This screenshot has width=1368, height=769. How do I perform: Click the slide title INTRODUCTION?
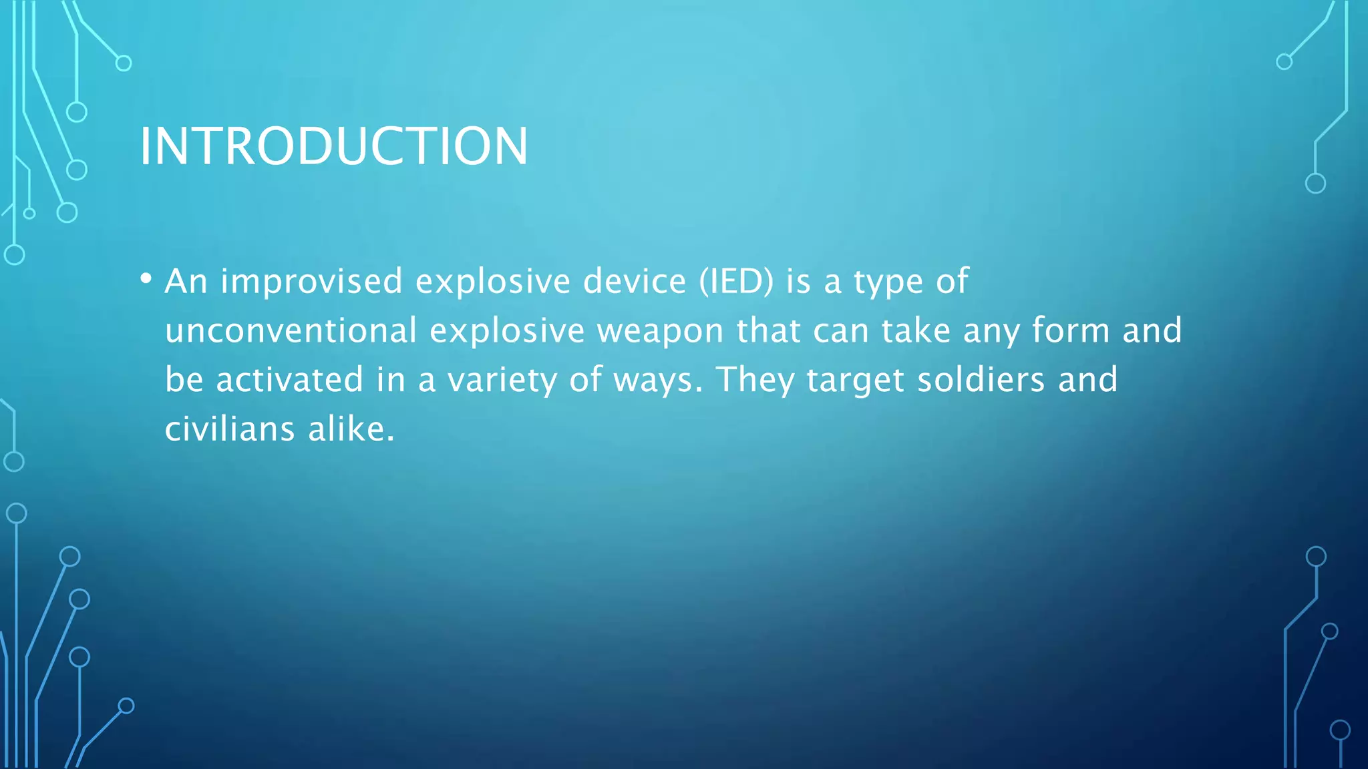point(333,146)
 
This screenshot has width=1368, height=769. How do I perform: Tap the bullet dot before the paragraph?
point(146,278)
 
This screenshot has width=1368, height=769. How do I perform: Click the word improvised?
point(311,281)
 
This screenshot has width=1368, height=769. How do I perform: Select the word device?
point(635,281)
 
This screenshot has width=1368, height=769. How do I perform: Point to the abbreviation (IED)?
point(736,281)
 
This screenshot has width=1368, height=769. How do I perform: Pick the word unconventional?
point(291,330)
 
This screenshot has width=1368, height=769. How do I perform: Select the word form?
point(1071,330)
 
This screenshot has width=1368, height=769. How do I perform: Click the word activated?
point(289,380)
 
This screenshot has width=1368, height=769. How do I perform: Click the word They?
point(755,380)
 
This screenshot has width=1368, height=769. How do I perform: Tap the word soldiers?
point(981,380)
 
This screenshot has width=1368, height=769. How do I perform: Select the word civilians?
point(230,429)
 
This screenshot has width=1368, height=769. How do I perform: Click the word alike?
point(351,429)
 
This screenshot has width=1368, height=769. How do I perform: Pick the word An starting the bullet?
point(186,281)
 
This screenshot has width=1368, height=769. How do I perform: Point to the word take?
point(916,330)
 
